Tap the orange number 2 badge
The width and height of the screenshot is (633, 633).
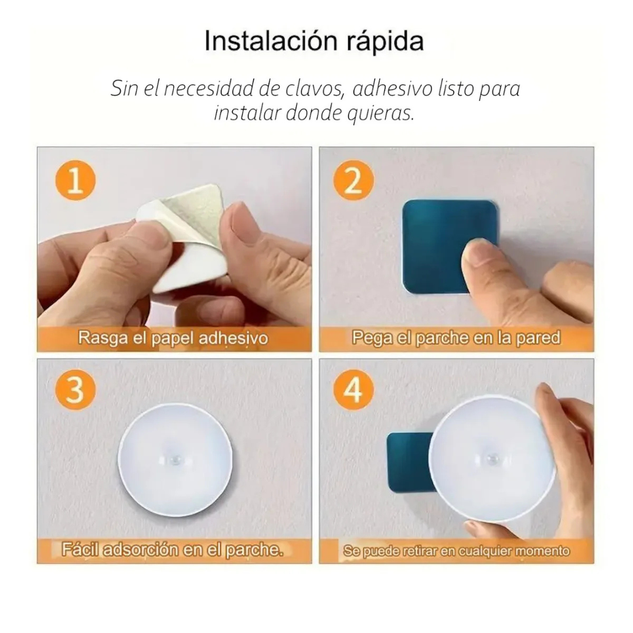click(353, 182)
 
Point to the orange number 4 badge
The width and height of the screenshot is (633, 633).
click(353, 390)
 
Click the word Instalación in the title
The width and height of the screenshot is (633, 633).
click(270, 42)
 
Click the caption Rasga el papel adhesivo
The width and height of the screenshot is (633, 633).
click(173, 338)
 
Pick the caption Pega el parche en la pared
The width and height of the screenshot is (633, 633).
click(456, 338)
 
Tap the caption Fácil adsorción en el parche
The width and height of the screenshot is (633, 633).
click(173, 550)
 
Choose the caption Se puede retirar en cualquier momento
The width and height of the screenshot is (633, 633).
click(456, 551)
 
